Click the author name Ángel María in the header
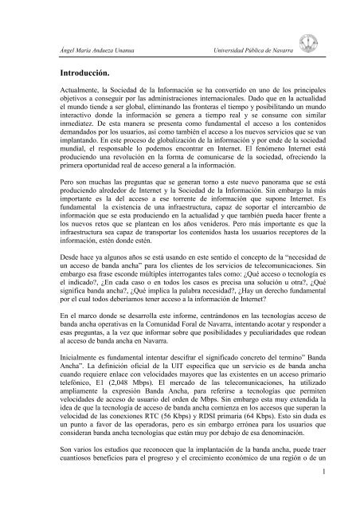tap(67, 51)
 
